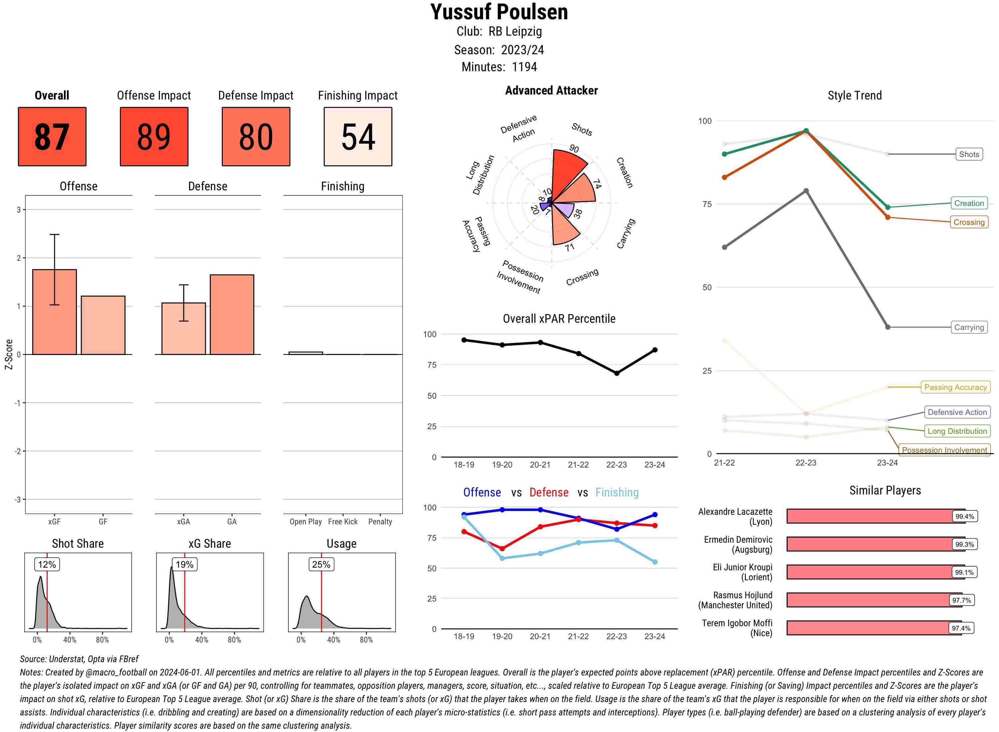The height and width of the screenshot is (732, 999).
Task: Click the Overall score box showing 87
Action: [52, 136]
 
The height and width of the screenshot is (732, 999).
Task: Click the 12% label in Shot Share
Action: [47, 564]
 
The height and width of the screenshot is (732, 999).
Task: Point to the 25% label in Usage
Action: [321, 564]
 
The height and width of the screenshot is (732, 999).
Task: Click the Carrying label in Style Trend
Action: [969, 327]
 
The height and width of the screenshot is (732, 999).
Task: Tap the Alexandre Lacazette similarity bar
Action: [869, 516]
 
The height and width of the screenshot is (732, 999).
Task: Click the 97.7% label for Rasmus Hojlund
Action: [961, 600]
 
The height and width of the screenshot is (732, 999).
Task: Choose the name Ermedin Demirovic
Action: [738, 544]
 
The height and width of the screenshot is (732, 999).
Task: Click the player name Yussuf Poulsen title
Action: [499, 12]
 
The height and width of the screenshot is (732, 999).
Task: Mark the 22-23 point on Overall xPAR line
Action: [616, 373]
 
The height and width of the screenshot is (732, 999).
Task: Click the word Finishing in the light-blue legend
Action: [617, 492]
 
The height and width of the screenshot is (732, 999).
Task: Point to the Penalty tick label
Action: [380, 521]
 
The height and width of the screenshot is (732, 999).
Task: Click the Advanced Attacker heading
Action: [551, 91]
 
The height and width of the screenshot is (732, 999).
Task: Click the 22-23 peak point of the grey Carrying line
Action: [806, 191]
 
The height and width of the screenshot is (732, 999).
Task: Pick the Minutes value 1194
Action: [524, 67]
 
